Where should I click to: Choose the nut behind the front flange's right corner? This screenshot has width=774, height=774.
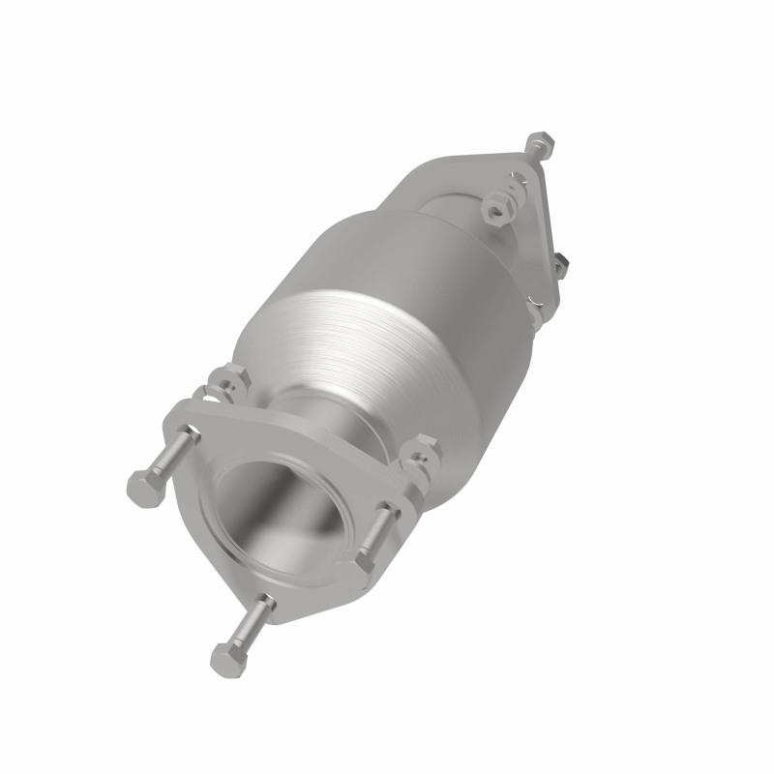coord(421,451)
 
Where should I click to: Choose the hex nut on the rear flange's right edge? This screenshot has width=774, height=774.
coord(561,263)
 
